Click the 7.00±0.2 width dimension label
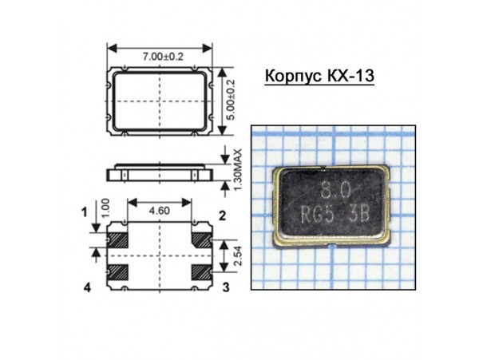coord(161,57)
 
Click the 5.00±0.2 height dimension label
coord(232,99)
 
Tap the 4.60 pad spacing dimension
coord(161,212)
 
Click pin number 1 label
coord(85,212)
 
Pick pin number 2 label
coord(223,214)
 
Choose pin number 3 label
coord(226,287)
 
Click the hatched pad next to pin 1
coord(118,238)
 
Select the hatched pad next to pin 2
coord(202,238)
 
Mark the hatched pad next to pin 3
coord(202,271)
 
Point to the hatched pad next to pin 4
coord(118,271)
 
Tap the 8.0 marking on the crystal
coord(335,192)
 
